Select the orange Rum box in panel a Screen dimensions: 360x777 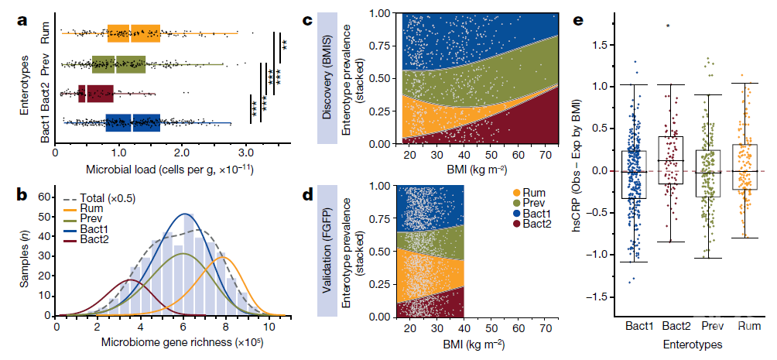point(134,33)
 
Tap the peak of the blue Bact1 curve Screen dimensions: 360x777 point(184,214)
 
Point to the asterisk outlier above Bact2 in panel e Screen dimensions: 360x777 point(668,26)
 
